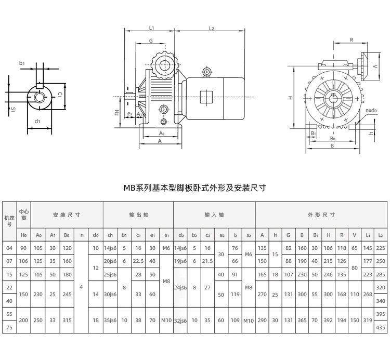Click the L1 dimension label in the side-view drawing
point(151,28)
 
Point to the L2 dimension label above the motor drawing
point(212,28)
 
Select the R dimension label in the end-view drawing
point(352,39)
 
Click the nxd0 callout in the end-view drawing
point(371,111)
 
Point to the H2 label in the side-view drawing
point(117,113)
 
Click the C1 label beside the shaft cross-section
point(60,95)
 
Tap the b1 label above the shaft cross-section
point(22,63)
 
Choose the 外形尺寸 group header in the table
point(321,215)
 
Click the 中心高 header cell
point(24,215)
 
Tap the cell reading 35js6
point(110,320)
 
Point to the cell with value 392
point(328,320)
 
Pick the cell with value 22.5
point(139,261)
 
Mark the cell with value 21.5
point(207,261)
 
